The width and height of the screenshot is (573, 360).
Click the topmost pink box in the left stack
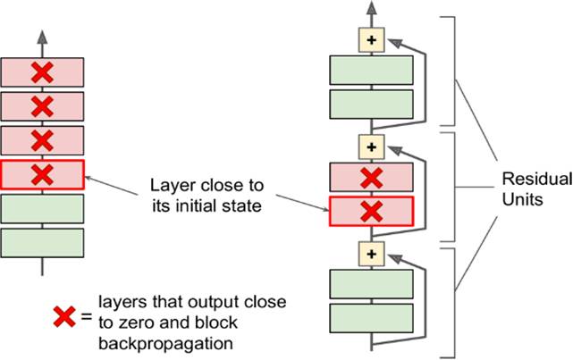pyautogui.click(x=42, y=71)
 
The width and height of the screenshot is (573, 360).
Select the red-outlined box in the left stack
pyautogui.click(x=42, y=174)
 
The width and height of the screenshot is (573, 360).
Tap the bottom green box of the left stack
pyautogui.click(x=42, y=242)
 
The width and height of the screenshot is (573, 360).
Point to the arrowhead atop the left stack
pyautogui.click(x=42, y=37)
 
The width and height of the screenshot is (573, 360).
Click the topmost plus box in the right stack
pyautogui.click(x=370, y=39)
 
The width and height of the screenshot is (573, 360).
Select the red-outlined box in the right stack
pyautogui.click(x=370, y=211)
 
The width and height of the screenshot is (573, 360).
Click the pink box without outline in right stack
pyautogui.click(x=370, y=178)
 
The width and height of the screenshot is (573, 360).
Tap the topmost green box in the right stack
pyautogui.click(x=370, y=71)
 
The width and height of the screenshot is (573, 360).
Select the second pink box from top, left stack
pyautogui.click(x=42, y=106)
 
